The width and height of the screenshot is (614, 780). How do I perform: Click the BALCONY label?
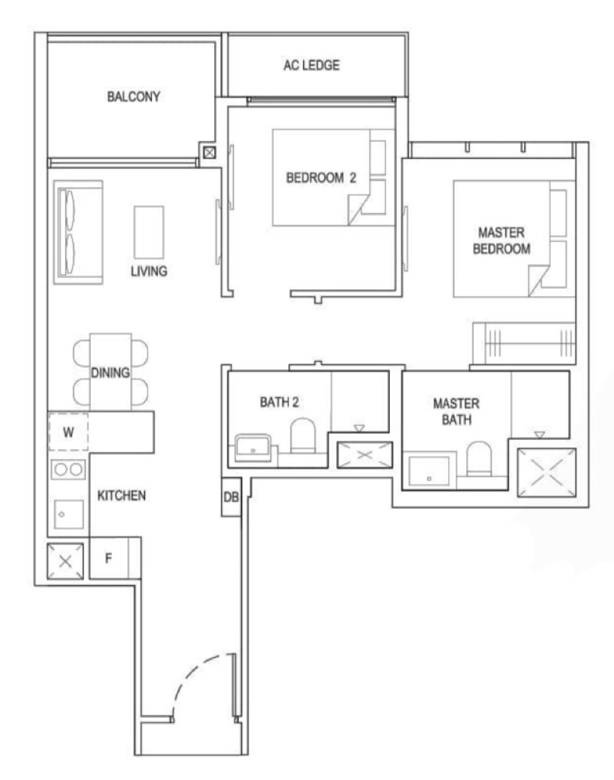[x=134, y=96]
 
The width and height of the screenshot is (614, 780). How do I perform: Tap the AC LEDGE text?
[x=312, y=65]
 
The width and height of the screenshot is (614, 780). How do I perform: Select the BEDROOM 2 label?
[x=321, y=177]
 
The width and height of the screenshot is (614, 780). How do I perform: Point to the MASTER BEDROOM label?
[x=501, y=241]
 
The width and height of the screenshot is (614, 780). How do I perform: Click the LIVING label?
[x=149, y=271]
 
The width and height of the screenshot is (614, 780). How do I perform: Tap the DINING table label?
[x=110, y=372]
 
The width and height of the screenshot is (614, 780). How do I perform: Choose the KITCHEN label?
[x=121, y=495]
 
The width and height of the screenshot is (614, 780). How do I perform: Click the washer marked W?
[x=68, y=431]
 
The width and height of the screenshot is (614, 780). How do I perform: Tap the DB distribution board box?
[x=231, y=497]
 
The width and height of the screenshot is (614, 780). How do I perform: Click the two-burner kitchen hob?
[x=68, y=469]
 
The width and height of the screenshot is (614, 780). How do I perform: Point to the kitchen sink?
[x=68, y=514]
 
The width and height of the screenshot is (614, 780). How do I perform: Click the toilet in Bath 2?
[x=302, y=436]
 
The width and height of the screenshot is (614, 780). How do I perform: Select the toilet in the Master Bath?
[x=479, y=458]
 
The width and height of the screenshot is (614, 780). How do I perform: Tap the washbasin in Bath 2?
[x=253, y=448]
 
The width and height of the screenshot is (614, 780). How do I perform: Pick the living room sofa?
[x=78, y=233]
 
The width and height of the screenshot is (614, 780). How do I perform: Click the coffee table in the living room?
[x=149, y=233]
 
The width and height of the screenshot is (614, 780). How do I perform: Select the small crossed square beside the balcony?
[x=210, y=153]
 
